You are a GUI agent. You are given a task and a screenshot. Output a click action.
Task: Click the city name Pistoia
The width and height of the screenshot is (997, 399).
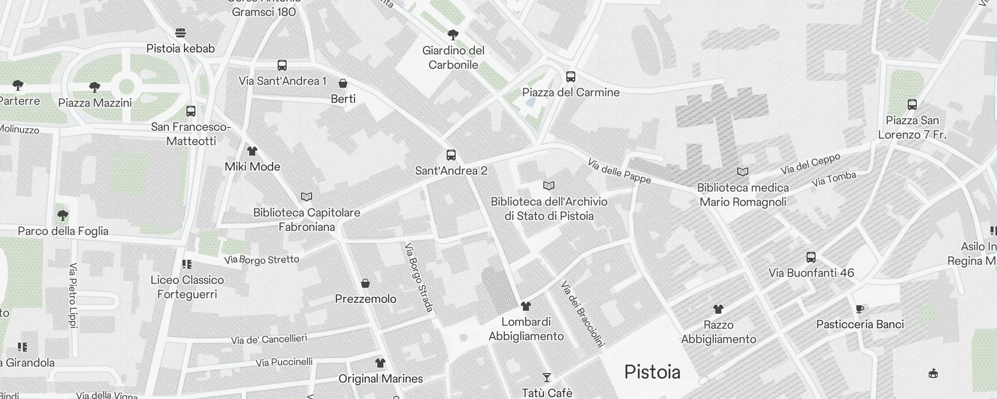click(x=652, y=372)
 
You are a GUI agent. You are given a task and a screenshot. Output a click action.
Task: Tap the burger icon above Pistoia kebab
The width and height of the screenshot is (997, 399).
click(x=180, y=33)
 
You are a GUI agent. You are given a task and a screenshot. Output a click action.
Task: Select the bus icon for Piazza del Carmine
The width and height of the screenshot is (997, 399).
click(x=571, y=77)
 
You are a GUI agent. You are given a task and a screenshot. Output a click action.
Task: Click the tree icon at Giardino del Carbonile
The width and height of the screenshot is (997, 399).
click(x=453, y=35)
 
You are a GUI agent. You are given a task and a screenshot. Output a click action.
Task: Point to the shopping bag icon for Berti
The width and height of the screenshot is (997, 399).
click(x=343, y=83)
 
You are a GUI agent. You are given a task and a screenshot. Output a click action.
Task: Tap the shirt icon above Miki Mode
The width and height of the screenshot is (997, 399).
click(x=252, y=151)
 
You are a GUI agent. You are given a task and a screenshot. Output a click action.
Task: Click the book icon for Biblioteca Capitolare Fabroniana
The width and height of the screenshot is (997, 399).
click(x=307, y=197)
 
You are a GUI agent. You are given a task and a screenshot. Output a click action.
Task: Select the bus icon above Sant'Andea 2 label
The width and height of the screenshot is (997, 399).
click(x=451, y=155)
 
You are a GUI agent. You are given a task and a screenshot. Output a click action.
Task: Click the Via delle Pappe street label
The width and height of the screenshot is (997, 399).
click(x=619, y=171)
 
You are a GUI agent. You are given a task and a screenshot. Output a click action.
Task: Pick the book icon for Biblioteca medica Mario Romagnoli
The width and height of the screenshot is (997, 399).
click(x=743, y=172)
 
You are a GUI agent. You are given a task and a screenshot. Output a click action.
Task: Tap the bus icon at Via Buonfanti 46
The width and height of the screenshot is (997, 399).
click(x=811, y=257)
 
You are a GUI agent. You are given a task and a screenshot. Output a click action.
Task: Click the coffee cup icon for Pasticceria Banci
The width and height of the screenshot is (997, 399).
click(x=860, y=309)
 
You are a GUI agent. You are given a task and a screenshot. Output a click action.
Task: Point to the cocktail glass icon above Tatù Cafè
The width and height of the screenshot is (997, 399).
click(x=547, y=378)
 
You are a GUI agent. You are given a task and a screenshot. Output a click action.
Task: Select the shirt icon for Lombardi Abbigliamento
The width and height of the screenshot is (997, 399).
click(x=526, y=306)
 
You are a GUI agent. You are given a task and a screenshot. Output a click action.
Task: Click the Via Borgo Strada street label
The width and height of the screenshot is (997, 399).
click(x=419, y=277)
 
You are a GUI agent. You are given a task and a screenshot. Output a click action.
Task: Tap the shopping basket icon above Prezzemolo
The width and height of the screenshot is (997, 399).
click(x=365, y=283)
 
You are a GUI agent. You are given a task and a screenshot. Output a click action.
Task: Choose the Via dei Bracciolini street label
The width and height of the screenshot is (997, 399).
click(x=582, y=314)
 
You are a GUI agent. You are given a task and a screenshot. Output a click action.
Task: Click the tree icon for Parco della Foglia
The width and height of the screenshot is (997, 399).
click(x=63, y=215)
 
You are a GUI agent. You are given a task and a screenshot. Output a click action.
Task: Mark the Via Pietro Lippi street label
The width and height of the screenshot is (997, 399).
click(x=73, y=296)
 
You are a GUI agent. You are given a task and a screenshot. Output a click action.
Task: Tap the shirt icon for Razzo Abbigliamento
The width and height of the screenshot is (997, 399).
click(x=718, y=309)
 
